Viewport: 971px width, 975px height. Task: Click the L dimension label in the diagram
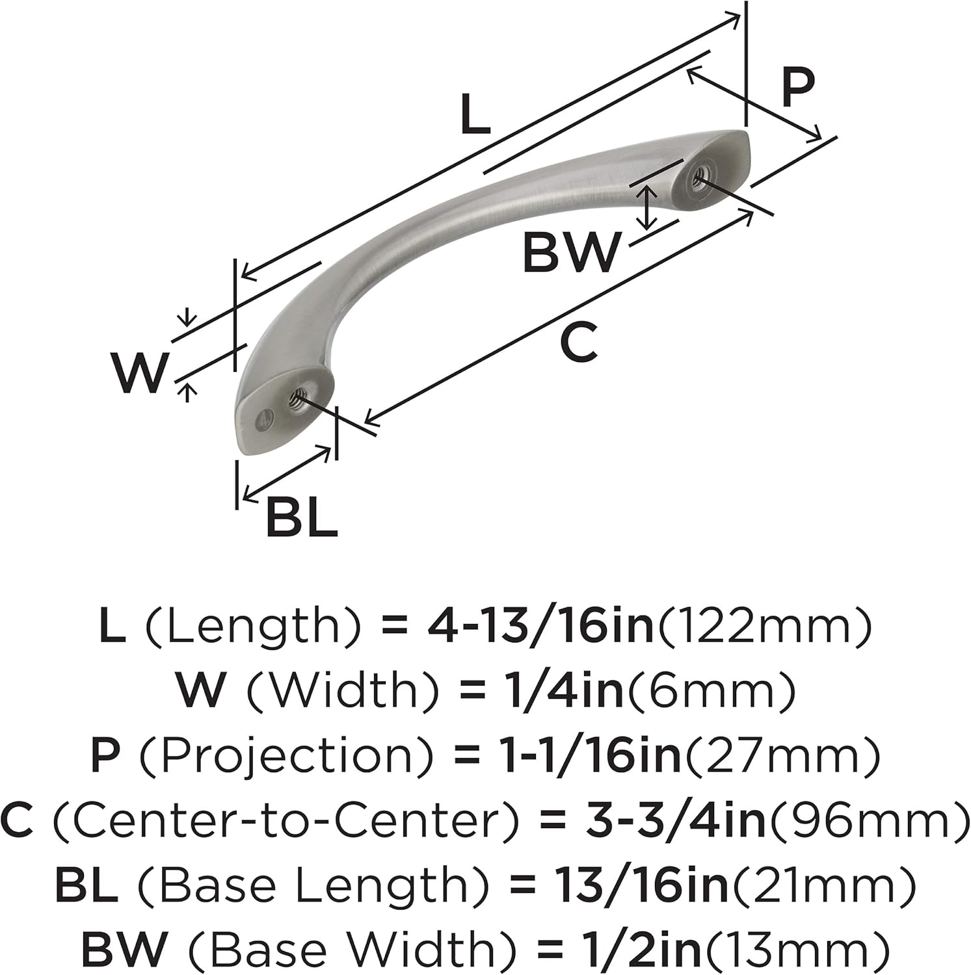coord(474,115)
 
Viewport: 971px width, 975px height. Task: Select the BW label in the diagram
coord(571,253)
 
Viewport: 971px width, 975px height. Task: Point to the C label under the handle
coord(578,343)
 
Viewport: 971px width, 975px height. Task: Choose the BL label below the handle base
coord(302,518)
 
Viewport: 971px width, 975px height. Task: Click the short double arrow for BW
coord(645,207)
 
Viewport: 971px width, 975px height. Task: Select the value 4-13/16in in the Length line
coord(540,627)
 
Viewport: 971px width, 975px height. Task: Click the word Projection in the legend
coord(287,756)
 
